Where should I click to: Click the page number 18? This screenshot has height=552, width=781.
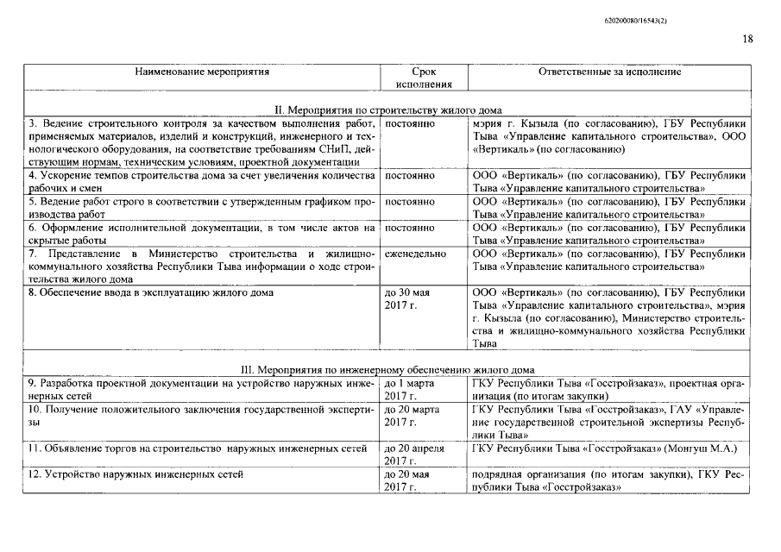click(747, 38)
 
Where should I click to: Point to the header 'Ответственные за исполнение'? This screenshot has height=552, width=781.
click(609, 72)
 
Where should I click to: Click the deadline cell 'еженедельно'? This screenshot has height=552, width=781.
click(416, 254)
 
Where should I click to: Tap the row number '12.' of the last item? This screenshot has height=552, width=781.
click(35, 474)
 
